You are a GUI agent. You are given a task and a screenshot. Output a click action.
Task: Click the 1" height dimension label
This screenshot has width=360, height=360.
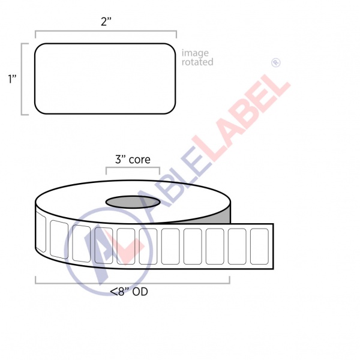(11, 79)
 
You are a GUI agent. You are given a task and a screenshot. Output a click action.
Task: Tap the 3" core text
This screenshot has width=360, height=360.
(133, 160)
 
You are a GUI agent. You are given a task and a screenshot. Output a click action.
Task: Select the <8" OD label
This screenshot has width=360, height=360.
(129, 292)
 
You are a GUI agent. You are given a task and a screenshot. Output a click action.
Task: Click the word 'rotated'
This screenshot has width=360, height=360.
(197, 62)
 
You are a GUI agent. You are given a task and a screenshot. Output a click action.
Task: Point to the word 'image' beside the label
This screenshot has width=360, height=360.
(196, 53)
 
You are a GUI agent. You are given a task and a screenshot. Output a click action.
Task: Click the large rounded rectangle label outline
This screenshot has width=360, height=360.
(105, 78)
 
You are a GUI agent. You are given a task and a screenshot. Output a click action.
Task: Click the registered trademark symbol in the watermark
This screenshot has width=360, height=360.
(277, 62)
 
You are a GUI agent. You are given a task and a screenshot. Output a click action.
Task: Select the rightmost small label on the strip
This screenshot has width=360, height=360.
(259, 245)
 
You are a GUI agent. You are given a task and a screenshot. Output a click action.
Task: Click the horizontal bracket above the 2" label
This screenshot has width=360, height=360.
(105, 32)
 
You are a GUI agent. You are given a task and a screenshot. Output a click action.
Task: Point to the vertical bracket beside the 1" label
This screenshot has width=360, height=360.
(23, 79)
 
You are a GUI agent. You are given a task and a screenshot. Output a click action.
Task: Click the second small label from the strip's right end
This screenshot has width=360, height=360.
(236, 245)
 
